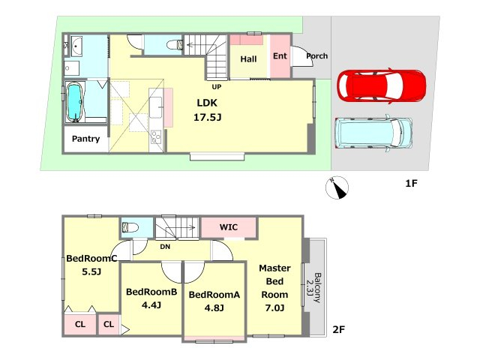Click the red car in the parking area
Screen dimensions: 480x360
click(x=382, y=85)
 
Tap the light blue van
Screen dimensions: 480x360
click(x=373, y=133)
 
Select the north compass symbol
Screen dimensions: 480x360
click(x=337, y=187)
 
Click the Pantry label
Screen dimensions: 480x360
click(x=85, y=139)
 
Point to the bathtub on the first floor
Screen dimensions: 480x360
click(x=74, y=103)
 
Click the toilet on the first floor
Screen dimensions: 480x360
click(x=175, y=45)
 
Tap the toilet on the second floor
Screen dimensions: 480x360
click(x=130, y=227)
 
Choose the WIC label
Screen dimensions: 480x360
click(x=228, y=227)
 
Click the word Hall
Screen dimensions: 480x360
click(x=248, y=59)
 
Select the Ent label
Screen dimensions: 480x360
click(x=280, y=56)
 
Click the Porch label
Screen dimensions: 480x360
click(x=316, y=56)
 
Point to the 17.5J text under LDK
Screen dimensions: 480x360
click(x=207, y=117)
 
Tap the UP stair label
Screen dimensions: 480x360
click(x=217, y=87)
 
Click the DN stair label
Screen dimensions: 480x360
click(x=165, y=247)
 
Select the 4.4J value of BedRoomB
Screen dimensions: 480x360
click(x=151, y=305)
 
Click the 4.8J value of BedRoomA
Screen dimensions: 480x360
click(x=214, y=307)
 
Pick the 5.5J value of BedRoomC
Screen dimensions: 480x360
click(x=91, y=271)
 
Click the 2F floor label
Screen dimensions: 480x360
click(x=338, y=330)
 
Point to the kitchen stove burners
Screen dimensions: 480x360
click(x=156, y=136)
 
